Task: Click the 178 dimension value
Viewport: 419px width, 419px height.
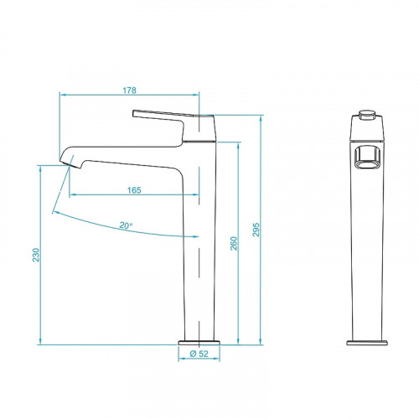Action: (130, 90)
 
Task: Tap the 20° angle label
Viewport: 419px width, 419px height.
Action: (126, 225)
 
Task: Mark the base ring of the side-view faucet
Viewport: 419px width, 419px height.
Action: (199, 341)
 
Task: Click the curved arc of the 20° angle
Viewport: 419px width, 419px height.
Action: (101, 223)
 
